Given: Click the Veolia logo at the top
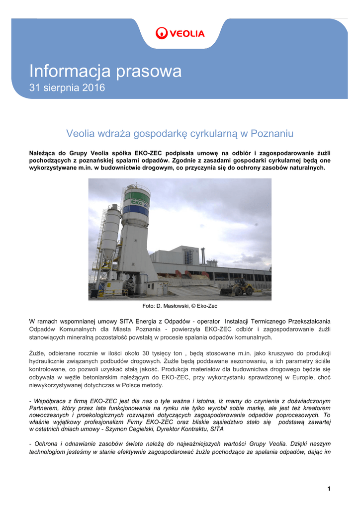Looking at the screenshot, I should [x=180, y=33].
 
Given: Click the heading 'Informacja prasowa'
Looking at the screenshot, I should [x=105, y=72].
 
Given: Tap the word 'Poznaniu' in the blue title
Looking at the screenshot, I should [x=272, y=133].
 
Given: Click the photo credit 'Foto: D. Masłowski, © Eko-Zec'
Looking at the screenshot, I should [x=180, y=306].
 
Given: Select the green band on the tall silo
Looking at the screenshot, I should [x=136, y=195].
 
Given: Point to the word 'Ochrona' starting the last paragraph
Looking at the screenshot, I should [x=47, y=443].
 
